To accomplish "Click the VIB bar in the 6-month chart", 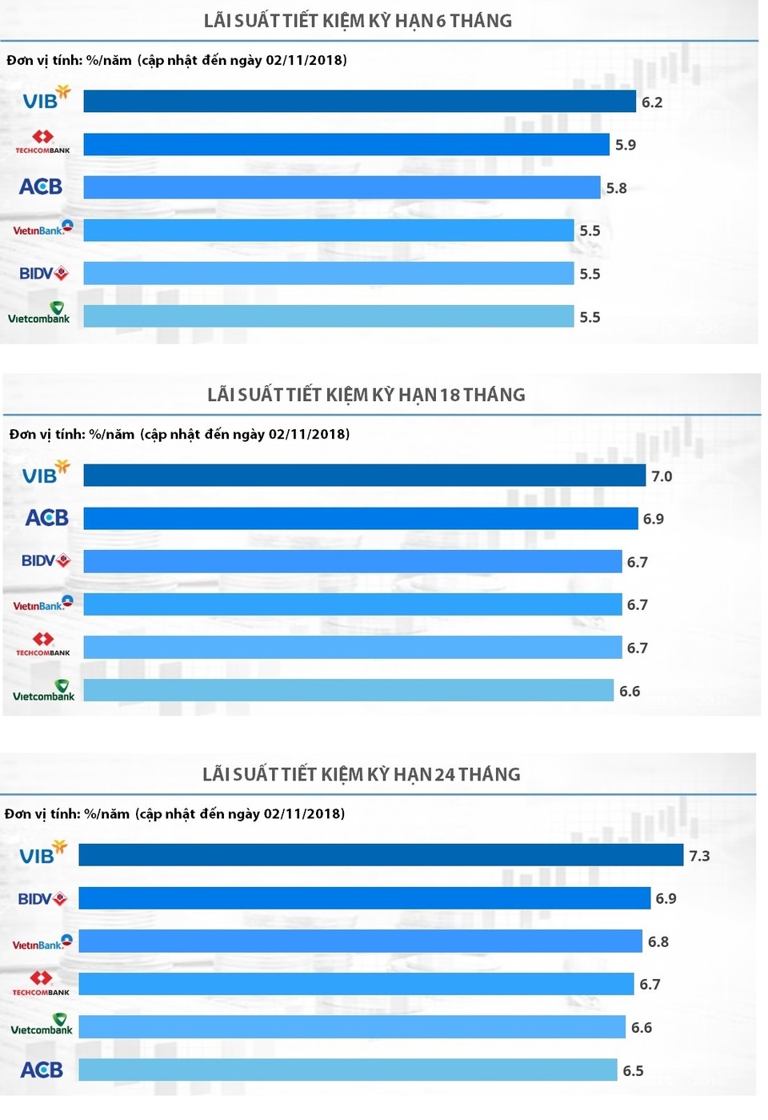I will point(360,102).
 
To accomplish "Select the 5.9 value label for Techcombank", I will point(626,145).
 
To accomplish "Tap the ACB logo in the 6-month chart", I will point(41,187).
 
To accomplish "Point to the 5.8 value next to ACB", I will point(616,188).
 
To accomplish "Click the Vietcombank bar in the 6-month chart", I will point(329,316).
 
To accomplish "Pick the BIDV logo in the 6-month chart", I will point(44,274).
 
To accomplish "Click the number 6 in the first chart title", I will point(441,21).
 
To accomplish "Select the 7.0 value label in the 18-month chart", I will point(662,476).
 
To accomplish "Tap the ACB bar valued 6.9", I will point(361,519).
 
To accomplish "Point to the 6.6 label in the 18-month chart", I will point(630,691).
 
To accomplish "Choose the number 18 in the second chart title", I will point(450,395).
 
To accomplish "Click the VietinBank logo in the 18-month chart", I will point(43,604).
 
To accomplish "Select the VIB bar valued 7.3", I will point(381,855).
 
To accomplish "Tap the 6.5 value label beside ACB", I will point(633,1070).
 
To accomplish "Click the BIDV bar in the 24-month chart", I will point(365,898).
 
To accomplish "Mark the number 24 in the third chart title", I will point(445,774).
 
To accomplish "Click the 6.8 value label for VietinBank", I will point(658,941).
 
